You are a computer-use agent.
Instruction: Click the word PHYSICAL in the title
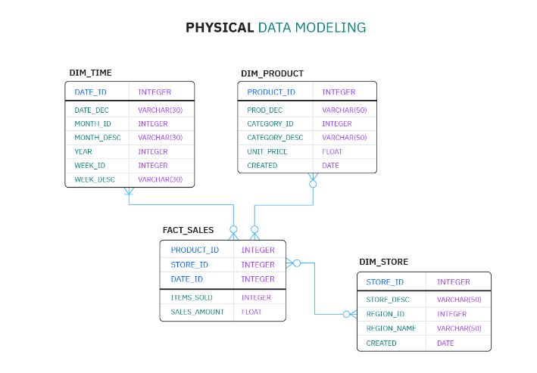tap(220, 28)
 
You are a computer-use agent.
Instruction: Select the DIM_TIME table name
tap(90, 73)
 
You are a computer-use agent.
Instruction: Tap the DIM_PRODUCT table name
tap(272, 73)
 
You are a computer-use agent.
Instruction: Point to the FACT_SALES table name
tap(188, 230)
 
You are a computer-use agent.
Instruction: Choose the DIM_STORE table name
tap(383, 262)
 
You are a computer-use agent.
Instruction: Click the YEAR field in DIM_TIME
tap(83, 151)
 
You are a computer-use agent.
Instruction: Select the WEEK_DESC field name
tap(95, 179)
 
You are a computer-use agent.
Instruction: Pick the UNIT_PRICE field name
tap(267, 151)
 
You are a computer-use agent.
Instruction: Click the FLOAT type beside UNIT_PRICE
tap(332, 151)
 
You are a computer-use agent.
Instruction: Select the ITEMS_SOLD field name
tap(192, 297)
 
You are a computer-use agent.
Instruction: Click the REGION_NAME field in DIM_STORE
tap(392, 328)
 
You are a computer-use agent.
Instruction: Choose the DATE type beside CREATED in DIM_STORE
tap(445, 343)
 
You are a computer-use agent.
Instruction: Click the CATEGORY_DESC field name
tap(275, 138)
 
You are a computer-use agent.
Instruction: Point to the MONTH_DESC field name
tap(97, 138)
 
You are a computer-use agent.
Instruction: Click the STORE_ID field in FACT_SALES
tap(189, 265)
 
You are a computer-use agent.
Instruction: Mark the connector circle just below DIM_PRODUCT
tap(313, 183)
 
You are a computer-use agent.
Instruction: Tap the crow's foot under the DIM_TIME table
tap(129, 191)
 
